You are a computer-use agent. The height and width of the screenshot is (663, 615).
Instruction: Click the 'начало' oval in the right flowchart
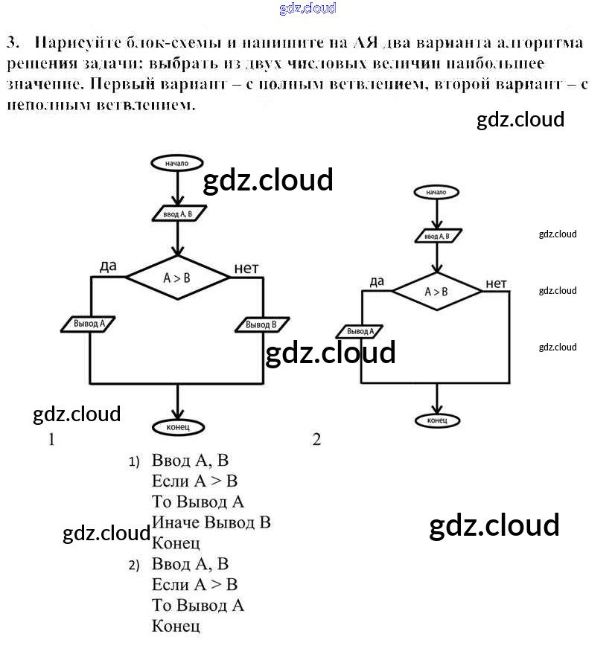point(436,192)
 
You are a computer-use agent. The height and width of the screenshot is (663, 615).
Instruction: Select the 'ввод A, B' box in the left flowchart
point(177,214)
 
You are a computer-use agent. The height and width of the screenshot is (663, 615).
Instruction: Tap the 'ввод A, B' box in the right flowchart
point(436,237)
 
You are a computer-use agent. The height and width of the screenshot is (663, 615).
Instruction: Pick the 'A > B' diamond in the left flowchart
point(177,278)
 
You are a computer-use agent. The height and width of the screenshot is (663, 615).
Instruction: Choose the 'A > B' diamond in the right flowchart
point(436,292)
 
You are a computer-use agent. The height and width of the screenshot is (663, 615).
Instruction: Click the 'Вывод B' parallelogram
point(261,325)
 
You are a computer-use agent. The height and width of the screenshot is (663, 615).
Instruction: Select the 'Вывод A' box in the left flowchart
point(89,324)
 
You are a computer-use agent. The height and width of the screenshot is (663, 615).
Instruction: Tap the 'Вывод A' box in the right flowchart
point(361,331)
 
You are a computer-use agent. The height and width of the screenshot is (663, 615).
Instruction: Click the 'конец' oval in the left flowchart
point(177,426)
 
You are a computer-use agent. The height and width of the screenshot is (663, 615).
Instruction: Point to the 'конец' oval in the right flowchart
point(437,420)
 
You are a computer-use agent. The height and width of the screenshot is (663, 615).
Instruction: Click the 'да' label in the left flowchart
point(109,266)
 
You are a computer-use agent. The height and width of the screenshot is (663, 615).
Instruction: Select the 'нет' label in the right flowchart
point(496,284)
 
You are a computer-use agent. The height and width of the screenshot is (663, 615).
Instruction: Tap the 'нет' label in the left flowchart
point(246,268)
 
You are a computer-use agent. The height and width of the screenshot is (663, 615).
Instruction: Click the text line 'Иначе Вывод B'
point(211,522)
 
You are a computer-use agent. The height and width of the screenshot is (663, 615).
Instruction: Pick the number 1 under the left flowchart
point(51,440)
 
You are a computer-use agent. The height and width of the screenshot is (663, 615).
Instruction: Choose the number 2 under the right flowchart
point(316,440)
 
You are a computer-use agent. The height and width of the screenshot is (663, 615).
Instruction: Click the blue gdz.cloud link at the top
point(307,9)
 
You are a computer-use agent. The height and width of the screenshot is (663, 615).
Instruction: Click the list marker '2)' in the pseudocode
point(134,565)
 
